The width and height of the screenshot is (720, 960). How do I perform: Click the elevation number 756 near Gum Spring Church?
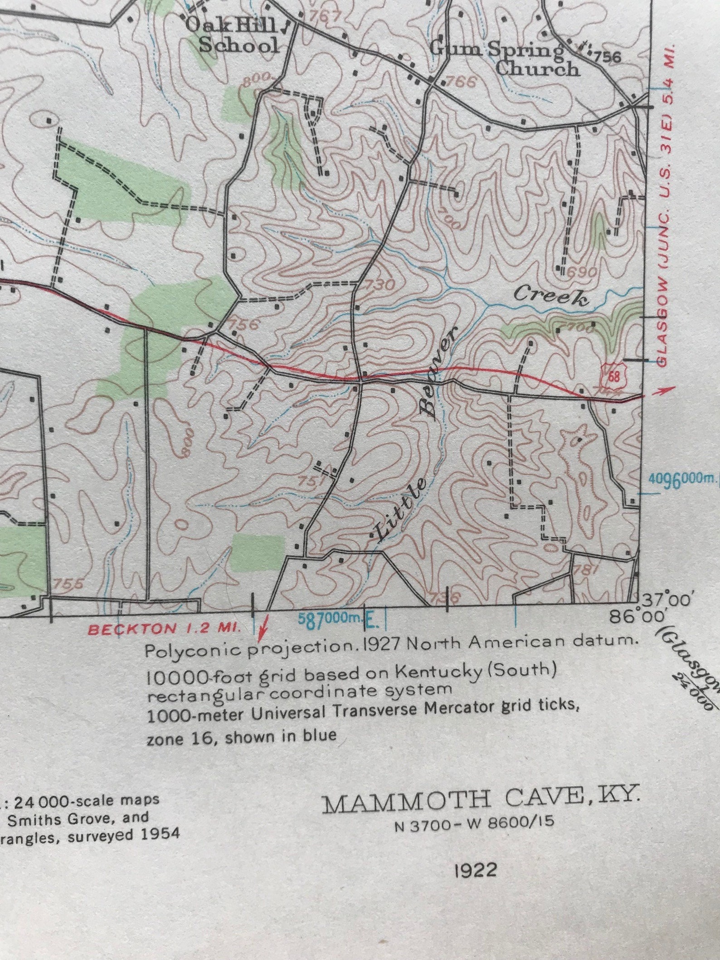(x=607, y=57)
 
